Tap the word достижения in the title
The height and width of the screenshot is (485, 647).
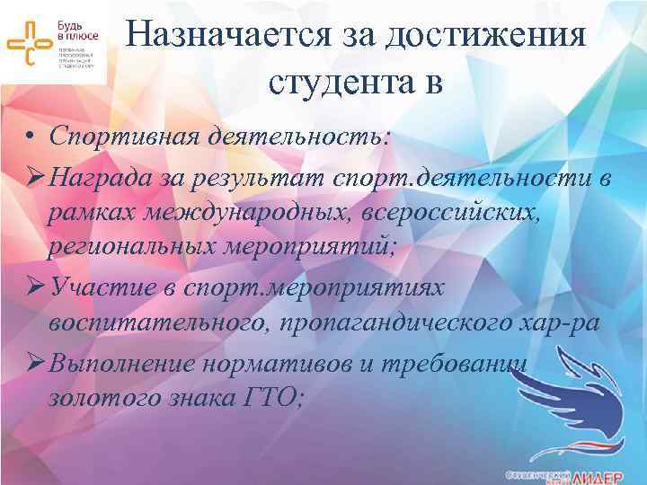(x=487, y=37)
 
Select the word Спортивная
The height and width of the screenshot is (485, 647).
(x=127, y=137)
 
